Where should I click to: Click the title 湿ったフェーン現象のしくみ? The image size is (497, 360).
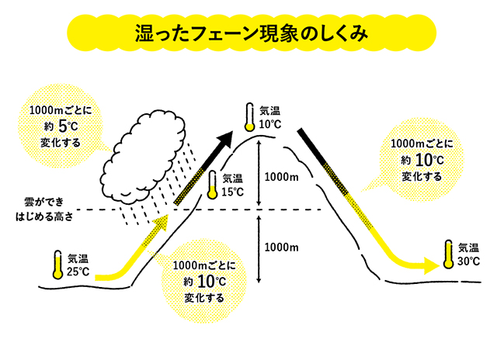[x=249, y=34]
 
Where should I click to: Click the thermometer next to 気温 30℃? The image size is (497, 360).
[x=448, y=253]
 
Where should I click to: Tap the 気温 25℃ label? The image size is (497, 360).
[x=78, y=265]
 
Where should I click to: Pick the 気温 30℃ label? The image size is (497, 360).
[x=468, y=254]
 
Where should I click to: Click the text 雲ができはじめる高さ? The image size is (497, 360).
[x=49, y=211]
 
